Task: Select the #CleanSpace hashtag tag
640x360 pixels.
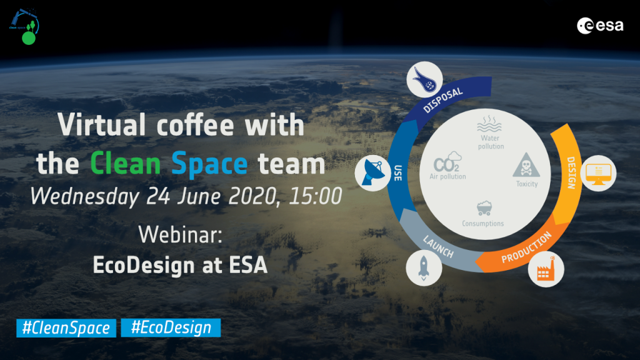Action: (x=66, y=327)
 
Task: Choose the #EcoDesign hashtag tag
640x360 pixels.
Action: (x=171, y=327)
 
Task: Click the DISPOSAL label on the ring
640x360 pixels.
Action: (x=443, y=98)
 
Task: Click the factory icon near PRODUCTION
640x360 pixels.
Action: (x=546, y=270)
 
